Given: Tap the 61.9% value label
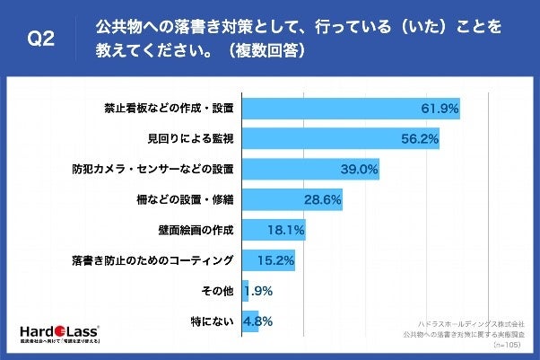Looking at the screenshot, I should point(440,109).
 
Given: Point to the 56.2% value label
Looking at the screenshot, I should point(419,139).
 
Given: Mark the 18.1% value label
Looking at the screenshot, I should point(285,231).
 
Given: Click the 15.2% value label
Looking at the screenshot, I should point(275,261).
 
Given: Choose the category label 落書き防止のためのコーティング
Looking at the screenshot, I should point(152,261).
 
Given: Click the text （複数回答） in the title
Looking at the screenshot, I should point(268,51).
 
